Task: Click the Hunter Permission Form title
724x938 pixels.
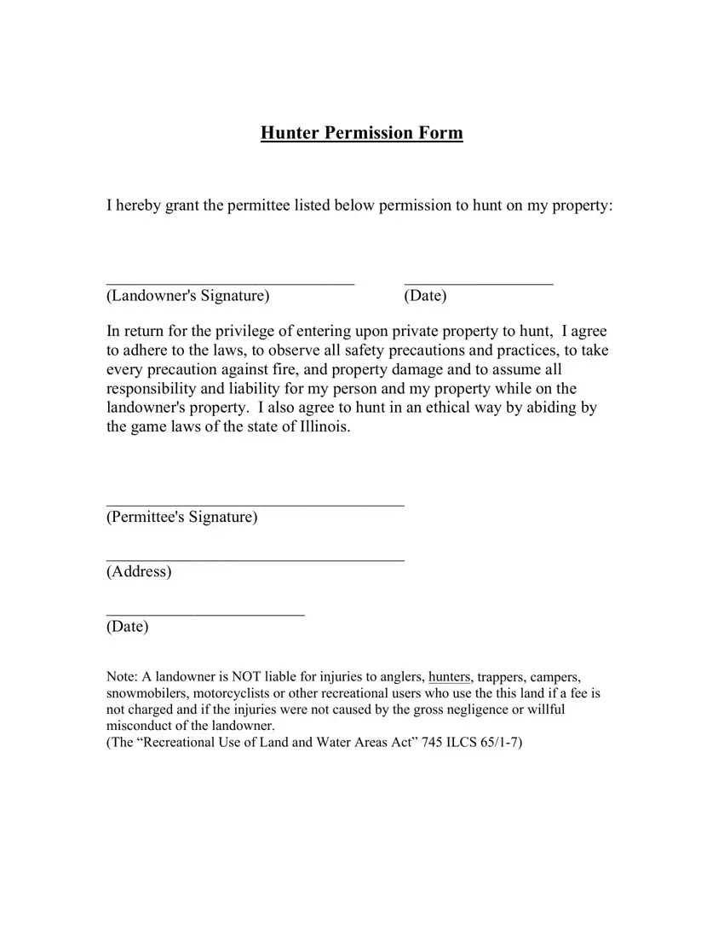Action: (362, 133)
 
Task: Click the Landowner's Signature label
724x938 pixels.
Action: (188, 296)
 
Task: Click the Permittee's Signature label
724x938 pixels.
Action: (181, 518)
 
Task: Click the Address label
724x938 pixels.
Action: (139, 571)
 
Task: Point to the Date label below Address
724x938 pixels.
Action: (128, 627)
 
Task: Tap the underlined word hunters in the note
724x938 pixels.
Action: (450, 678)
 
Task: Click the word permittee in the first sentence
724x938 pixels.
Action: (257, 206)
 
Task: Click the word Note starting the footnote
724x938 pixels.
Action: (123, 678)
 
